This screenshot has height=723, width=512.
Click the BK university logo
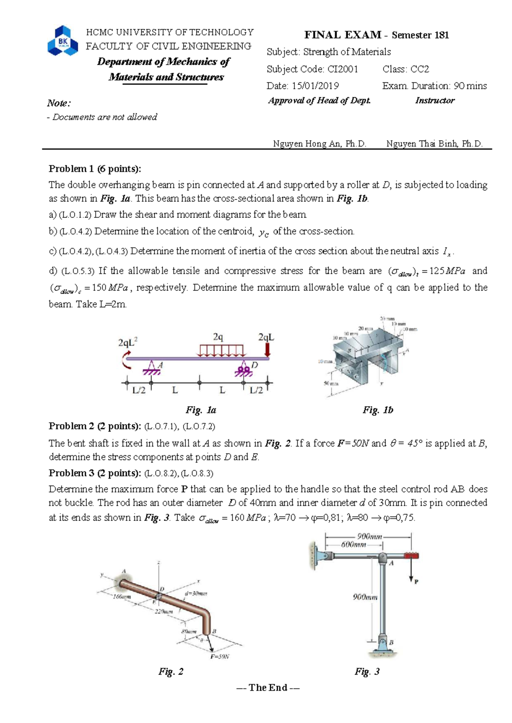(x=63, y=41)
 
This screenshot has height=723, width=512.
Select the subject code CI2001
(x=342, y=69)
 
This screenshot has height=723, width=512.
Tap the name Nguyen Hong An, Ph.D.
(x=320, y=144)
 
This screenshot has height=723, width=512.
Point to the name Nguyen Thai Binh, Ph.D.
(x=434, y=144)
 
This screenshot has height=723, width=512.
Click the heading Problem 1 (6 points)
(x=95, y=169)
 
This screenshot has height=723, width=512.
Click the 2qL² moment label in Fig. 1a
(x=128, y=342)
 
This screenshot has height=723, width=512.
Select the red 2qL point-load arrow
(x=268, y=350)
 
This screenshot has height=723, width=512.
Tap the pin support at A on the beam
(x=151, y=368)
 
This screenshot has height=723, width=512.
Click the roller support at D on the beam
(x=244, y=369)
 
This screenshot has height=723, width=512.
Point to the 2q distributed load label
(x=218, y=337)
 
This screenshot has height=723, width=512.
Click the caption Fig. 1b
(x=378, y=410)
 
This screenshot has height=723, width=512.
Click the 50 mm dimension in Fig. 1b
(x=331, y=383)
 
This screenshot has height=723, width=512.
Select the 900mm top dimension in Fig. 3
(x=369, y=537)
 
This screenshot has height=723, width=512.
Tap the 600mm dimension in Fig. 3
(x=354, y=544)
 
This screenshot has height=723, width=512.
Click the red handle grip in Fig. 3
(x=411, y=555)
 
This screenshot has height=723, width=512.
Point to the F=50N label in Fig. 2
(x=220, y=656)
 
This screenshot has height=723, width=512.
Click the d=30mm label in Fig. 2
(x=195, y=593)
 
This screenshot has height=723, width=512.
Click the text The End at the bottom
(x=268, y=687)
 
